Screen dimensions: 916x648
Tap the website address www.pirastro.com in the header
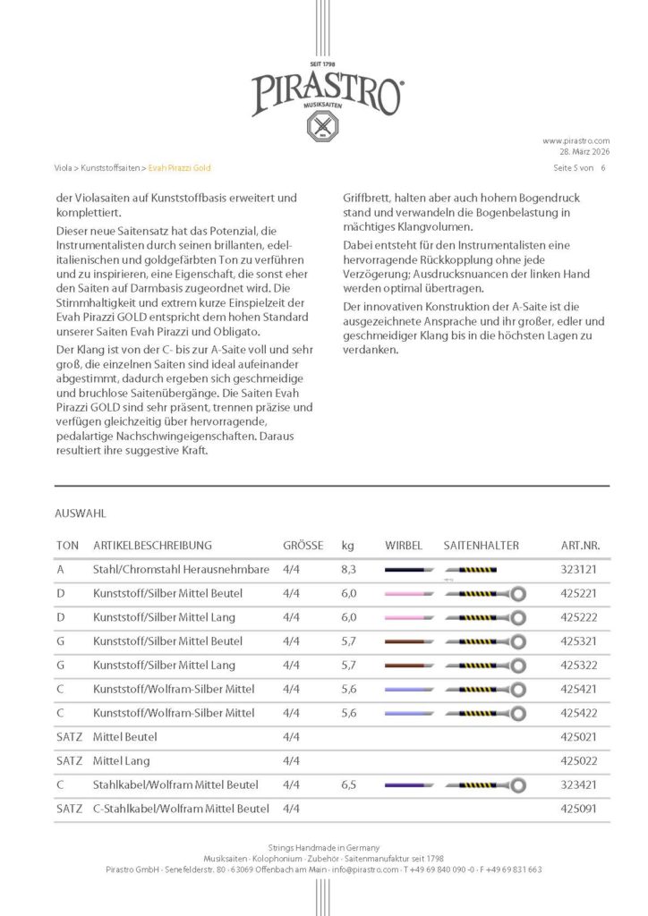pos(576,140)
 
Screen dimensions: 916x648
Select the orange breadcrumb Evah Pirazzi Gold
pos(180,167)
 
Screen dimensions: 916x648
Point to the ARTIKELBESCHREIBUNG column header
pos(152,545)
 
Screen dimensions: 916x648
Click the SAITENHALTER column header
pos(481,545)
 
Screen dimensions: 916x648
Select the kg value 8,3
pos(349,569)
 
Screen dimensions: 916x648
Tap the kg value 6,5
pos(349,785)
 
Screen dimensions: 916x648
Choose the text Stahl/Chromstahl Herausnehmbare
pos(181,569)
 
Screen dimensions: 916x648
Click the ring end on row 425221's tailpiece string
pos(516,593)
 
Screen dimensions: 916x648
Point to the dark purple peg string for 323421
pos(409,785)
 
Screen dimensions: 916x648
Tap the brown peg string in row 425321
pos(409,641)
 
